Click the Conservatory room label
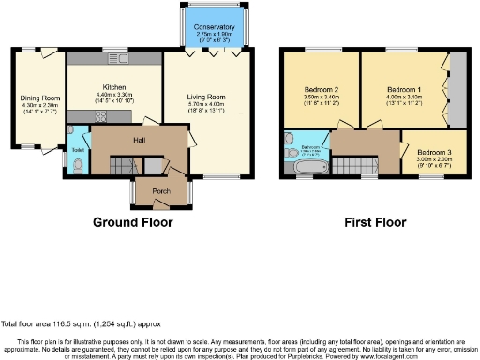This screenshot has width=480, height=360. tap(215, 27)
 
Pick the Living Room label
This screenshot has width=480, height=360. tap(207, 96)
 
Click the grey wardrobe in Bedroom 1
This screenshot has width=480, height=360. tap(457, 88)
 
